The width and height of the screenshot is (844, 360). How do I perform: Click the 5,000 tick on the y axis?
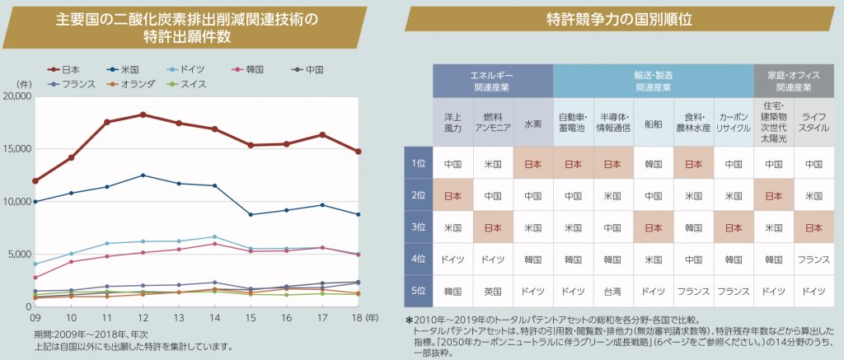point(19,254)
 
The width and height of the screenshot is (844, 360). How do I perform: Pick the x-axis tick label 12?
point(143,317)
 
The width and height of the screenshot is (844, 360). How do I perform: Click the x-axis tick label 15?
point(251,317)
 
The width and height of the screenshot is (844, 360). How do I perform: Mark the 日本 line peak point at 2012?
point(143,115)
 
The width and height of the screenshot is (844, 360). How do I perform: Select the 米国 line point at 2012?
point(143,175)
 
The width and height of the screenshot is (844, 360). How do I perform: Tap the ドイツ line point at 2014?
point(214,237)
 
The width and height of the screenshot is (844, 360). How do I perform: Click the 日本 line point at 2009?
point(35,181)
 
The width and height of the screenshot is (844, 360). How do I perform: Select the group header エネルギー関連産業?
point(493,80)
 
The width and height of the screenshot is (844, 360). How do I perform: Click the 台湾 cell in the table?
point(613,291)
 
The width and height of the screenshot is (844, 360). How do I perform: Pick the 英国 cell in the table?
point(493,291)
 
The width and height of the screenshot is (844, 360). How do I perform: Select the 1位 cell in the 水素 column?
point(532,164)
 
